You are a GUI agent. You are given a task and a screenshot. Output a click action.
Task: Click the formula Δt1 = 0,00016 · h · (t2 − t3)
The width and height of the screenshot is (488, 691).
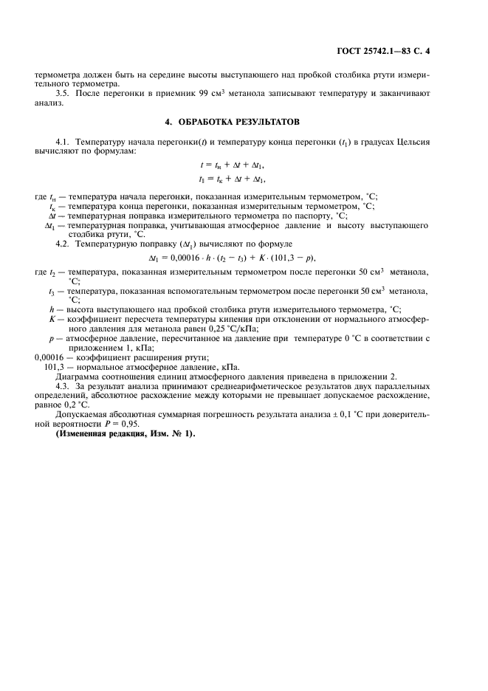point(237,258)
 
